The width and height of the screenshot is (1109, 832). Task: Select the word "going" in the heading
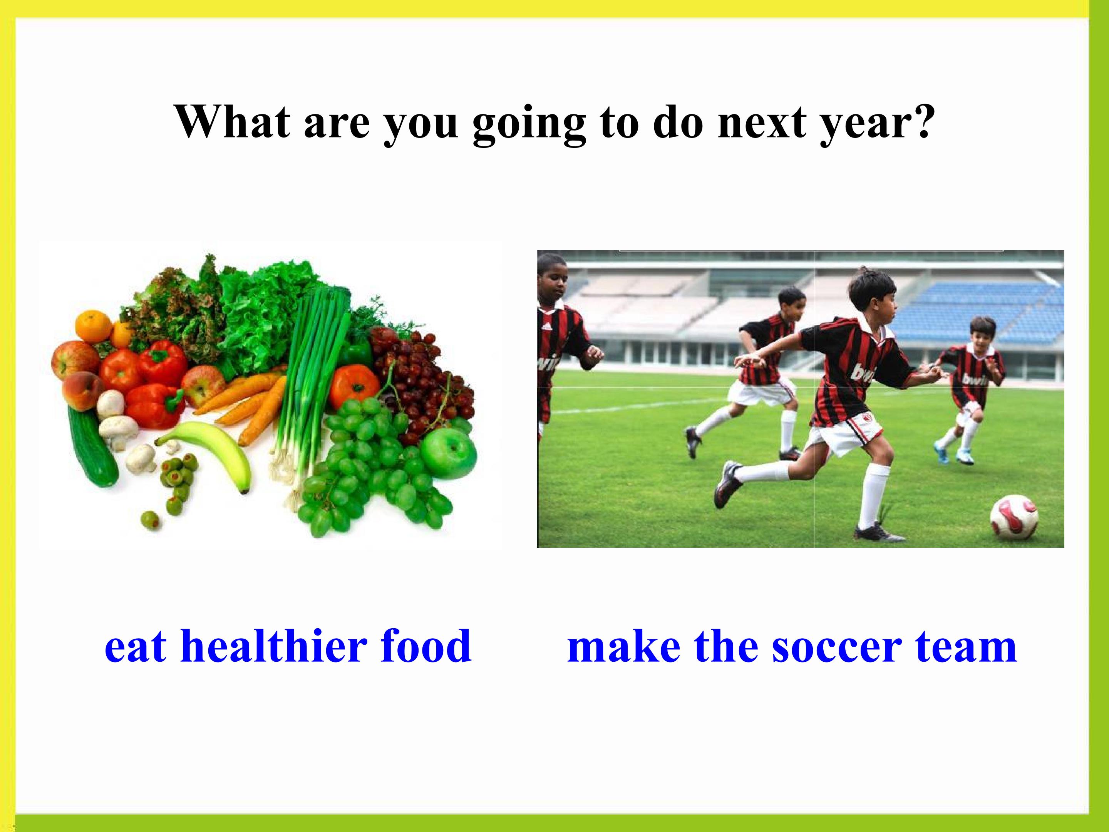[529, 125]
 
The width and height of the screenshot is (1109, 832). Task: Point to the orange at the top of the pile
[93, 326]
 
